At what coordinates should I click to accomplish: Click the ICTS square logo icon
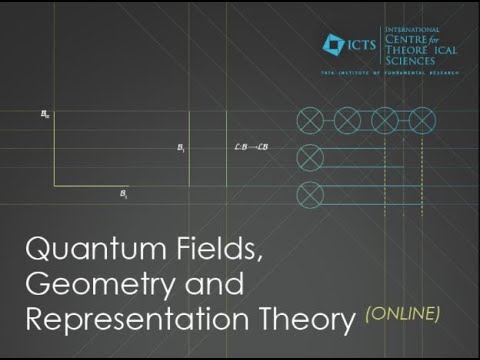(x=333, y=43)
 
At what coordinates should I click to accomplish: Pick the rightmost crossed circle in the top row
(x=421, y=121)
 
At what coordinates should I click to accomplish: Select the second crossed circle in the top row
(x=348, y=121)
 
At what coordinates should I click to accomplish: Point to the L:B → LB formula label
(x=248, y=147)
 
